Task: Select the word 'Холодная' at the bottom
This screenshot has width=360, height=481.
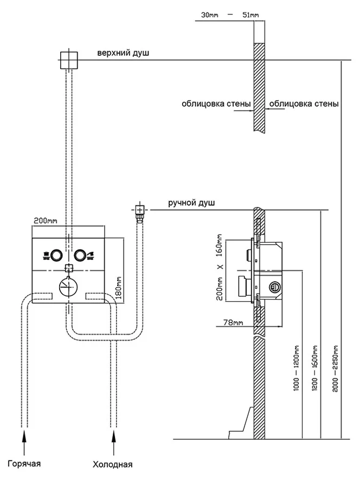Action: pos(113,464)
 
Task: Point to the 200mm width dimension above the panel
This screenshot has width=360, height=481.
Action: pos(46,220)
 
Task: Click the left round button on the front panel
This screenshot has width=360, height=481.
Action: pos(55,254)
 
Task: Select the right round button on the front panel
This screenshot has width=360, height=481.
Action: pos(81,254)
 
